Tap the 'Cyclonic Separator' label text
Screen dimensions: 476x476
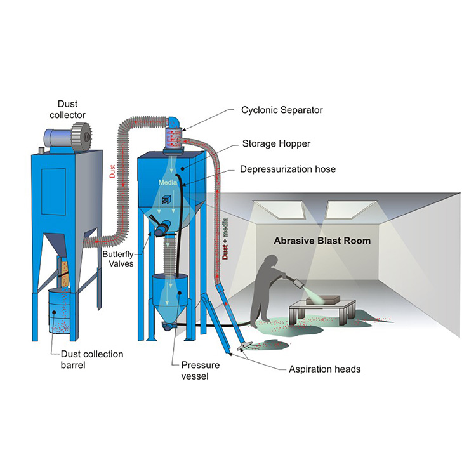[282, 110]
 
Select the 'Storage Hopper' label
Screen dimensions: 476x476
[276, 144]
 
